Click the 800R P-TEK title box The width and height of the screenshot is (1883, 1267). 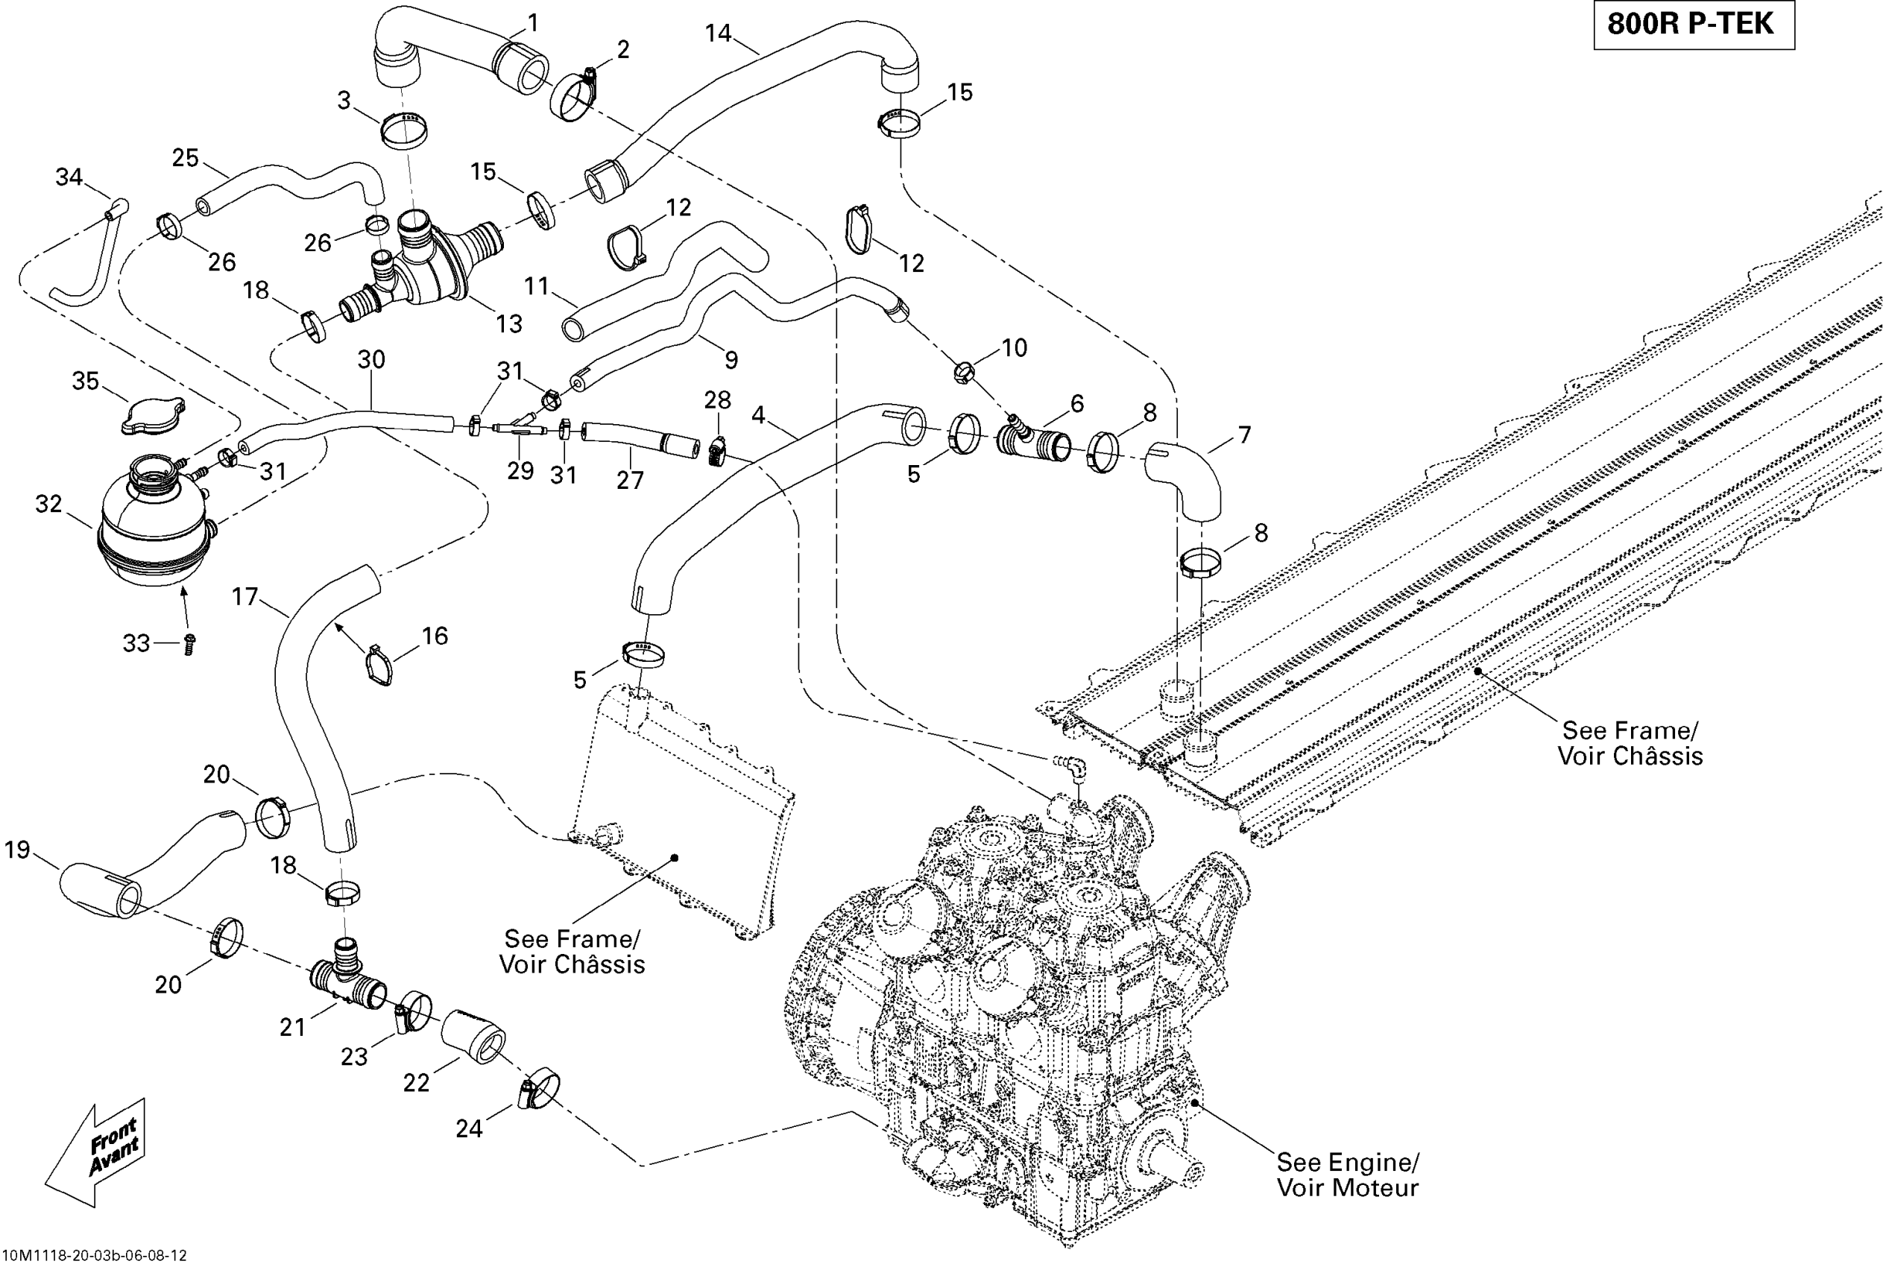point(1693,25)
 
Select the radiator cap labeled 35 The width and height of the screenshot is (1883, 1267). point(153,415)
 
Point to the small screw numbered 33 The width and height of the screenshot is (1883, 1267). point(190,644)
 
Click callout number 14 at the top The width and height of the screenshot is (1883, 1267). point(718,33)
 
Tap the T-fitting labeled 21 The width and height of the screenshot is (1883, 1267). point(347,977)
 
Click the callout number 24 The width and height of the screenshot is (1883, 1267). point(469,1128)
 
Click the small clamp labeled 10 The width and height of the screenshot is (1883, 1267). point(963,373)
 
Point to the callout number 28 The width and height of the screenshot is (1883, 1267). point(717,400)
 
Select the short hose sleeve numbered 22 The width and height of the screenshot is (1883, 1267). point(473,1036)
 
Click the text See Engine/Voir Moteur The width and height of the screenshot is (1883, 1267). point(1347,1175)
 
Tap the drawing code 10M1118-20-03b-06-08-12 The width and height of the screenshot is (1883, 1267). point(95,1256)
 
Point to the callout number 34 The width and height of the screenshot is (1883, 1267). point(69,176)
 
